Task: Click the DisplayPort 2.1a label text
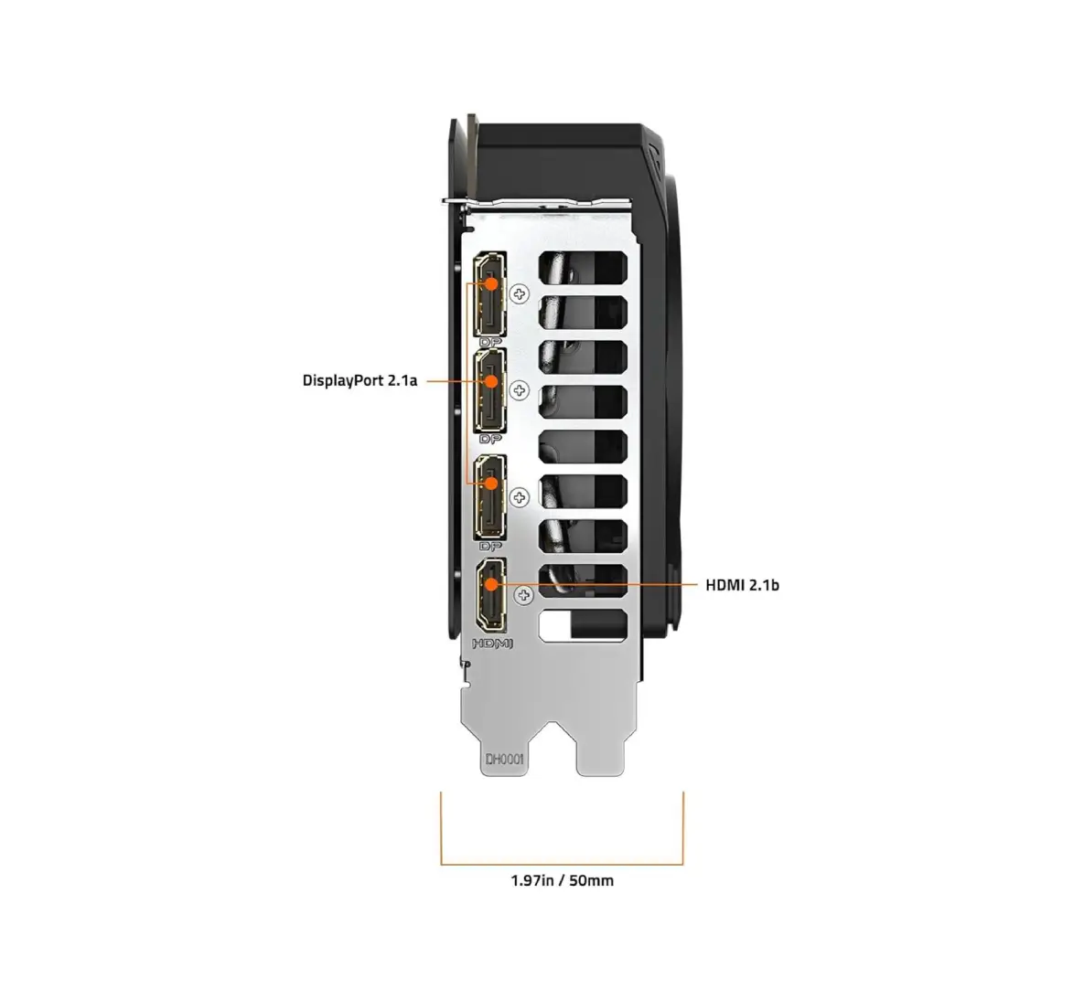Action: (x=360, y=380)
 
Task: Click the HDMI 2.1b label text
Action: (x=742, y=584)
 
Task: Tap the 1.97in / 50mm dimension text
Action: (x=562, y=881)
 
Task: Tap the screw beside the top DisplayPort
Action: (x=521, y=294)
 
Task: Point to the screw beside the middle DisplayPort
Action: (x=521, y=391)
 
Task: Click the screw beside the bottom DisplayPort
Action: (x=521, y=497)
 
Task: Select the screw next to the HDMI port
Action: (x=524, y=597)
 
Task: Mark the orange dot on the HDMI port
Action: (x=491, y=583)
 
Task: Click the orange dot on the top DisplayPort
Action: (x=491, y=283)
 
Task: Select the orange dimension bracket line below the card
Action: (x=562, y=863)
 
